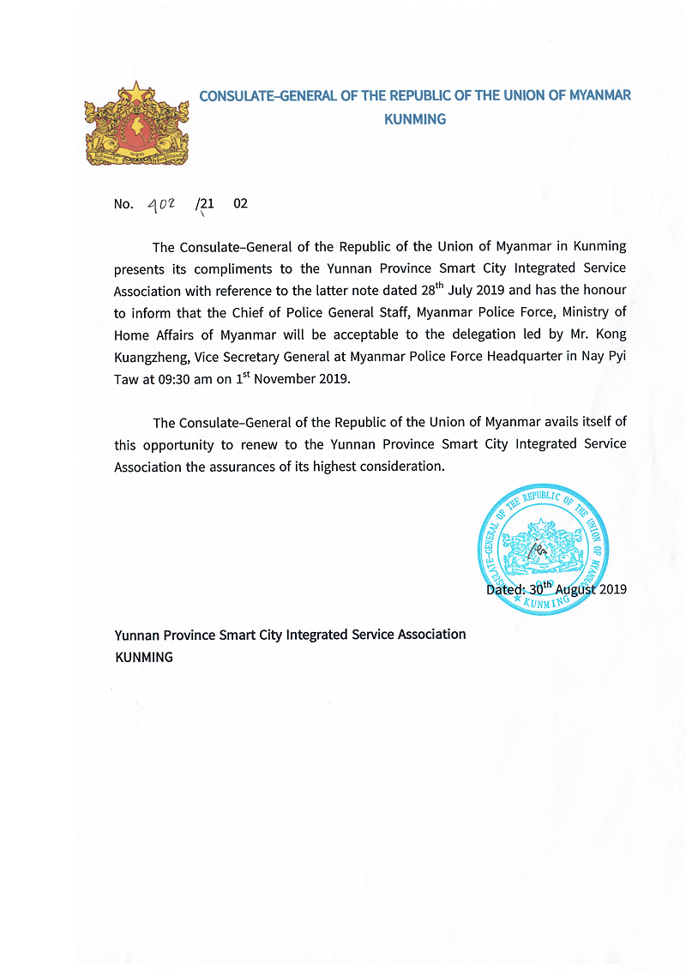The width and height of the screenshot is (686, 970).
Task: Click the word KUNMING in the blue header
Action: coord(415,119)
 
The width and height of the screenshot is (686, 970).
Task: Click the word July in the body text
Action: coord(466,290)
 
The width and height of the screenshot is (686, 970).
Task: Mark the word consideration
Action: coord(403,467)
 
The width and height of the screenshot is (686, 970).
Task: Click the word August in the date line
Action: coord(576,589)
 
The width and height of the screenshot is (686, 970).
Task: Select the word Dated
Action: coord(504,589)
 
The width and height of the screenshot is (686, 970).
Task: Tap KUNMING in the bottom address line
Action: coord(144,657)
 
